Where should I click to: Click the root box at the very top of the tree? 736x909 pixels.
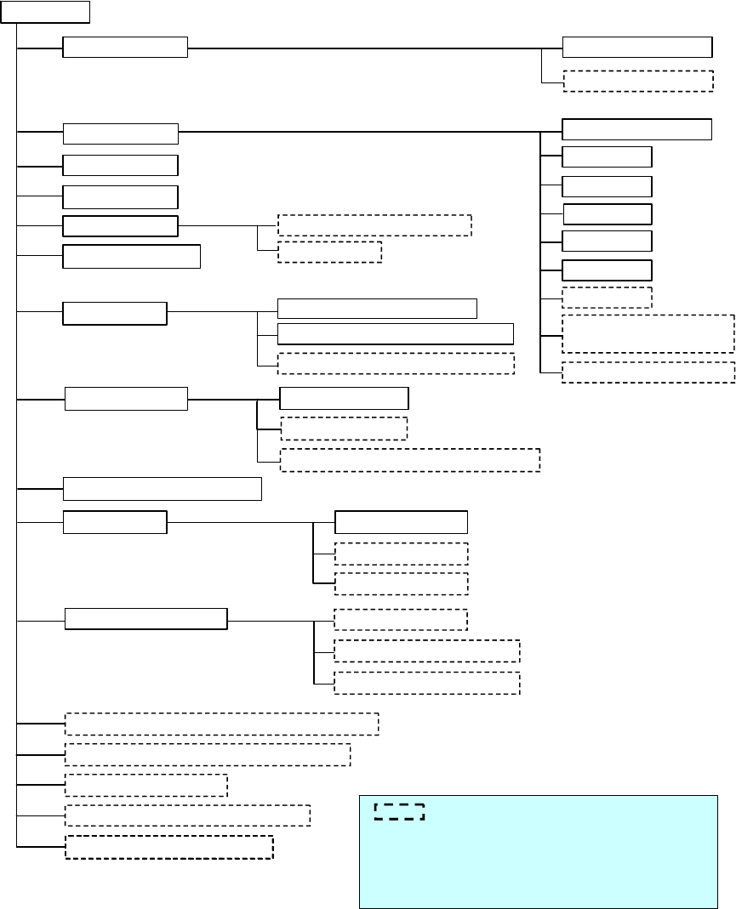pyautogui.click(x=52, y=11)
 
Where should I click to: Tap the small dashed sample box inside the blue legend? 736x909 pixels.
pyautogui.click(x=399, y=811)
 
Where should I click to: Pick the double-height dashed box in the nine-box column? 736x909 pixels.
pyautogui.click(x=648, y=333)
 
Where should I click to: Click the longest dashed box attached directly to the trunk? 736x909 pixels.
pyautogui.click(x=222, y=724)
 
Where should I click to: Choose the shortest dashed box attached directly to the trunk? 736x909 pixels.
pyautogui.click(x=145, y=785)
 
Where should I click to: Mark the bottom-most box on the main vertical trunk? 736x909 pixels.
pyautogui.click(x=169, y=847)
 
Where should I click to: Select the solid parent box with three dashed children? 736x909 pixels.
pyautogui.click(x=146, y=619)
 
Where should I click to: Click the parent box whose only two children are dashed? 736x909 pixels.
pyautogui.click(x=121, y=226)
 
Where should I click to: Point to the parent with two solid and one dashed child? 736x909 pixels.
pyautogui.click(x=115, y=313)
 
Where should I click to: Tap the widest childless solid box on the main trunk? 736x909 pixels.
pyautogui.click(x=163, y=489)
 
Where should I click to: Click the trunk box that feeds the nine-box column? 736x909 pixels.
pyautogui.click(x=121, y=134)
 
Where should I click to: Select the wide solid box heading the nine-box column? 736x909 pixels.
pyautogui.click(x=637, y=129)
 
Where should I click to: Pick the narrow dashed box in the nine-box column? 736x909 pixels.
pyautogui.click(x=608, y=298)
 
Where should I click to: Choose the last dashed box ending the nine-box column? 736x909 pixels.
pyautogui.click(x=648, y=372)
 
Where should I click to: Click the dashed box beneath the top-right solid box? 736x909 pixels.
pyautogui.click(x=638, y=81)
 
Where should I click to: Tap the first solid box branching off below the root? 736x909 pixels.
pyautogui.click(x=125, y=48)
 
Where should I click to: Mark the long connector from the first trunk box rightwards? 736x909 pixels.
pyautogui.click(x=374, y=48)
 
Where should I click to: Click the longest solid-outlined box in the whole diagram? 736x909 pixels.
pyautogui.click(x=396, y=333)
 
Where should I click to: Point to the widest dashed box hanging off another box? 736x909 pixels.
pyautogui.click(x=410, y=460)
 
